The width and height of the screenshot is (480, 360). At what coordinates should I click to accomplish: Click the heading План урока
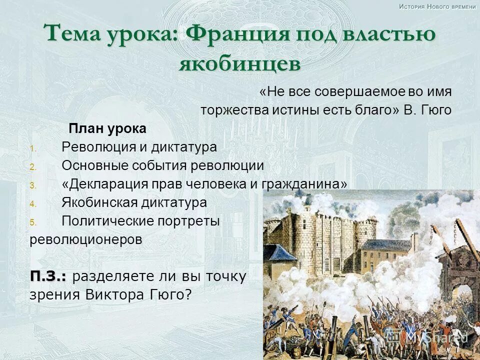107,129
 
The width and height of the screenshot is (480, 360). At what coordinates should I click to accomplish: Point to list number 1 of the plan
32,148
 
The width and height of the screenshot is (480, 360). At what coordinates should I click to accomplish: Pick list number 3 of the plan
32,185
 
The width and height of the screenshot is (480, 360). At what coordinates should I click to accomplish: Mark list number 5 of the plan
32,222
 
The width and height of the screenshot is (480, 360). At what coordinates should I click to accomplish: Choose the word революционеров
85,239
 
